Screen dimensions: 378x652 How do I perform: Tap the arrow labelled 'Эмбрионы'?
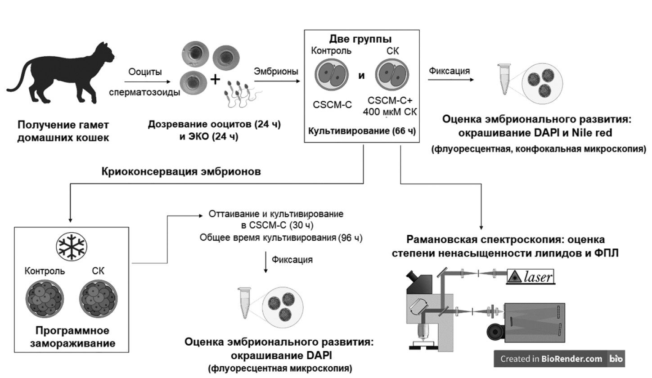point(276,81)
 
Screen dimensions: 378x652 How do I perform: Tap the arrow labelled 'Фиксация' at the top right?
point(450,81)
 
